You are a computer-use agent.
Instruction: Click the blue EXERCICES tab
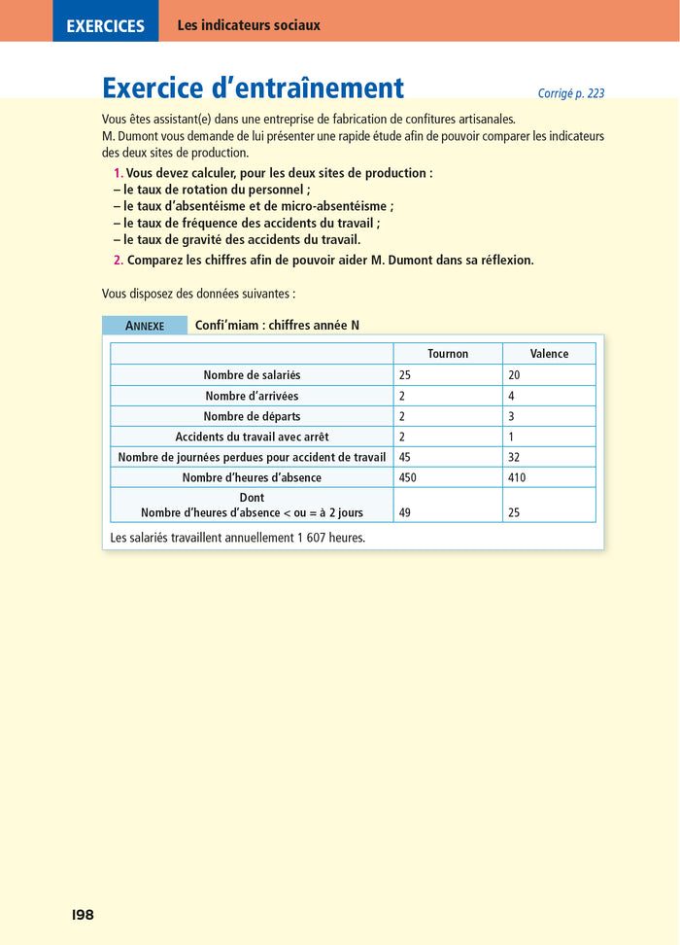[x=105, y=26]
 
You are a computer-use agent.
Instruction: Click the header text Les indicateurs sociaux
[x=249, y=25]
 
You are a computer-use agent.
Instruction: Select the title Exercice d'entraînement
[x=253, y=88]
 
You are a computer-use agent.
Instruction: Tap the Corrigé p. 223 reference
[x=570, y=93]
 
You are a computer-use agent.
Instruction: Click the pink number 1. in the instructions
[x=119, y=173]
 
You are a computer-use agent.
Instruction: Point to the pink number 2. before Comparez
[x=119, y=260]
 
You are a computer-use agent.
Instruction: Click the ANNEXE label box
[x=145, y=326]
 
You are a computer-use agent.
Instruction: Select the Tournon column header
[x=448, y=354]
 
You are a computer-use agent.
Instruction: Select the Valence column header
[x=549, y=354]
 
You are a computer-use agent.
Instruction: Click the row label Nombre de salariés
[x=252, y=375]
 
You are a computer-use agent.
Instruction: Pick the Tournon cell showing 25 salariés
[x=405, y=375]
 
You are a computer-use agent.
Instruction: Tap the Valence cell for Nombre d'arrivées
[x=511, y=396]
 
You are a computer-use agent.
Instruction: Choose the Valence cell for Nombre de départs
[x=511, y=416]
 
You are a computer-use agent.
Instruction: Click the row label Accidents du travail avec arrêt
[x=252, y=437]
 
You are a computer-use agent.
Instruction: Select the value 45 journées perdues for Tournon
[x=405, y=457]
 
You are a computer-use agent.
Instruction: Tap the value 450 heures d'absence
[x=408, y=477]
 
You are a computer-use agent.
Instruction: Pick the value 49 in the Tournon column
[x=405, y=512]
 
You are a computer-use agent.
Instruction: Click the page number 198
[x=83, y=915]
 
